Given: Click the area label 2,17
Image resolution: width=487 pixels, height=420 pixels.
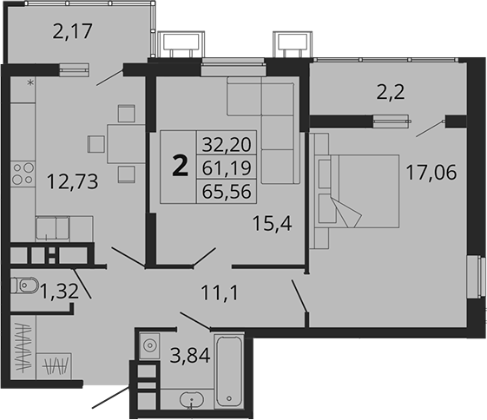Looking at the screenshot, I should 74,36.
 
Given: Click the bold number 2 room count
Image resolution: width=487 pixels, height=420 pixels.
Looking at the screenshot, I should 181,165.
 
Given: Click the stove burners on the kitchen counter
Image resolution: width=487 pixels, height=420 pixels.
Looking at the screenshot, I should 22,173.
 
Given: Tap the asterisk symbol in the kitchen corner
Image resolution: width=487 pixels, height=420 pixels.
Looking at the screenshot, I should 30,83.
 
